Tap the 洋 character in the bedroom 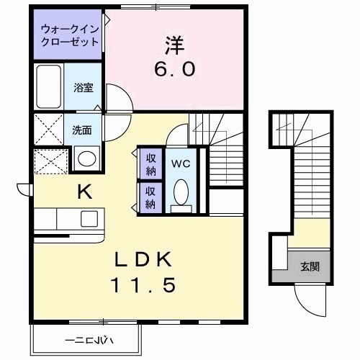click(x=174, y=45)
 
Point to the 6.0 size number click(x=174, y=71)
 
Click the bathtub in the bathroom click(x=48, y=86)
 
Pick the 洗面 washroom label click(x=81, y=130)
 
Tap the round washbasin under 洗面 click(x=87, y=158)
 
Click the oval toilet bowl click(x=181, y=192)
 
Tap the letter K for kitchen click(x=84, y=192)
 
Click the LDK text click(x=142, y=257)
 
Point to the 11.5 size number click(x=142, y=286)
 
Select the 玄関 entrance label click(x=310, y=266)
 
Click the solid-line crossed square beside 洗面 click(x=50, y=131)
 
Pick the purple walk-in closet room click(x=70, y=35)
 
